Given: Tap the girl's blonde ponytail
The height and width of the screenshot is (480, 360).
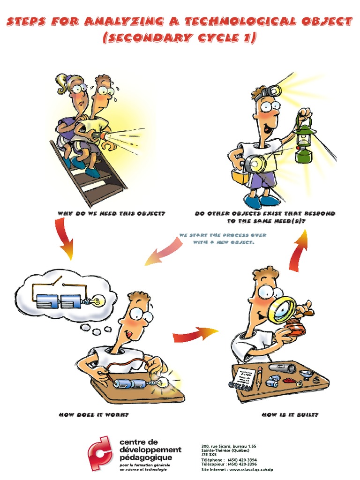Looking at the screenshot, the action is [x=63, y=84].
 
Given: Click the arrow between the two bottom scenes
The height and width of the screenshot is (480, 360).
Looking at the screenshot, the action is [x=195, y=334].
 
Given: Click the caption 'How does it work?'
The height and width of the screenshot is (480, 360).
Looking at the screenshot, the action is [x=94, y=415].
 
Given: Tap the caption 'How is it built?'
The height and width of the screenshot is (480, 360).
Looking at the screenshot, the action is [x=290, y=415].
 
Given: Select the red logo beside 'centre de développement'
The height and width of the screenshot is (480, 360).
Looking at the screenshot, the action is [x=99, y=453].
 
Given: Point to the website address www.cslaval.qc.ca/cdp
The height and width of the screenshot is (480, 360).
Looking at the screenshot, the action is [x=251, y=470].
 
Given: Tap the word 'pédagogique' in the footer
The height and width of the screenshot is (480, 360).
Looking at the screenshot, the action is [x=146, y=458].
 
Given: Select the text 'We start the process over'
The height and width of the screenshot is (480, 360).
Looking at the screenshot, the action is [x=223, y=235].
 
